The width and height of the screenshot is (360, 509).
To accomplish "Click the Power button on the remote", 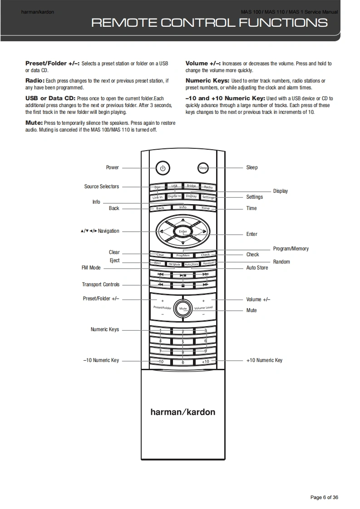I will click(163, 168).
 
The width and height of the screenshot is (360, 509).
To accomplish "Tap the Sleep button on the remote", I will click(203, 168).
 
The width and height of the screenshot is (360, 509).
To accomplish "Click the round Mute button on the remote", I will click(183, 308).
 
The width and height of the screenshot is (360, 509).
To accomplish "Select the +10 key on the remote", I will click(205, 362).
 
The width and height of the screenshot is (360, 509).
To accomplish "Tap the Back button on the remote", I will click(160, 208).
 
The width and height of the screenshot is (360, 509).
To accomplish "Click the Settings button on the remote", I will click(208, 197).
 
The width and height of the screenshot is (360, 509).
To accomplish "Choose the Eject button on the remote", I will click(158, 263).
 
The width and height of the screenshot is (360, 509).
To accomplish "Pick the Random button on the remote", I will click(208, 263).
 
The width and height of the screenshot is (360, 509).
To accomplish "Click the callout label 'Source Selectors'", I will click(101, 186).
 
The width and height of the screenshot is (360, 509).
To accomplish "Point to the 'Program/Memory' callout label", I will click(291, 249).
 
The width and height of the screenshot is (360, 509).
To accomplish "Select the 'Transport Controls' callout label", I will click(101, 284).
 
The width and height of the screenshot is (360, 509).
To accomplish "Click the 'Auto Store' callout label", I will click(257, 268).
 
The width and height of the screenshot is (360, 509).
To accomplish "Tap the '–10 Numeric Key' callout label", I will click(101, 360).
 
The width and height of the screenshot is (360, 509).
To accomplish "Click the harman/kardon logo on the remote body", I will click(183, 412).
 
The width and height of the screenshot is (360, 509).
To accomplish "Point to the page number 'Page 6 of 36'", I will click(324, 497).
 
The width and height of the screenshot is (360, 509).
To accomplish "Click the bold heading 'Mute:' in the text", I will click(34, 123).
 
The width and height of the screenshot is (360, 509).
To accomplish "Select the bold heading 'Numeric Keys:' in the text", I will click(207, 81).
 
